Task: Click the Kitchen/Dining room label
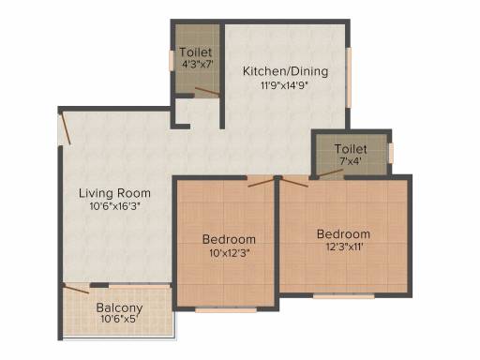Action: (285, 71)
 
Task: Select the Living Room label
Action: (114, 193)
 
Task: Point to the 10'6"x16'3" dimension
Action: (114, 206)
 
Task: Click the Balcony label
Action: (119, 308)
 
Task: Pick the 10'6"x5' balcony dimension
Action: (119, 319)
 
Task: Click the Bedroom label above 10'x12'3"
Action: (229, 239)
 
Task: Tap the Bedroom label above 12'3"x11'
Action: (343, 233)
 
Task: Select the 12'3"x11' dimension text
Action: (345, 247)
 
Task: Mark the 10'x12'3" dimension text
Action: (230, 253)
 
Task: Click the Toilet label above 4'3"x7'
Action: (196, 52)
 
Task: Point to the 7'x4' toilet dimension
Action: (351, 161)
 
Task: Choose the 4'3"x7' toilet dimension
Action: (198, 65)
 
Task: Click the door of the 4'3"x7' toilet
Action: (207, 91)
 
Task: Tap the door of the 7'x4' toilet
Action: (330, 173)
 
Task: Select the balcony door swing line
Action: (76, 289)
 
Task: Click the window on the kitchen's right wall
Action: (349, 78)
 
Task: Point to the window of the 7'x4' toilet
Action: (391, 153)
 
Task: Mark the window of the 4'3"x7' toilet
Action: (172, 60)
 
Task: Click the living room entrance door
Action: (66, 128)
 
